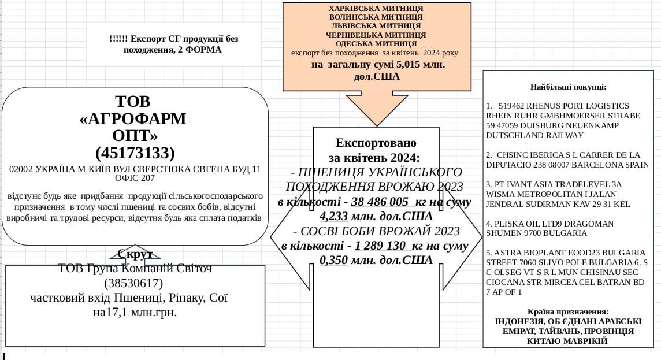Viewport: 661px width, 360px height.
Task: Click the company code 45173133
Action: (135, 153)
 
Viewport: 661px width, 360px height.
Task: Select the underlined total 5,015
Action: (408, 65)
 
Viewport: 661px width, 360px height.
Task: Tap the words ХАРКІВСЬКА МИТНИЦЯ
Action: (376, 9)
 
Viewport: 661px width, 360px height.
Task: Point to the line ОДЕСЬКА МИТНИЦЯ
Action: (376, 43)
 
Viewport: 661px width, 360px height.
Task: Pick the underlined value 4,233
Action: (333, 217)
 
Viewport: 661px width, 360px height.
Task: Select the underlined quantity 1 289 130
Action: (382, 246)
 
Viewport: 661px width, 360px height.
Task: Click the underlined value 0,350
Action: (333, 260)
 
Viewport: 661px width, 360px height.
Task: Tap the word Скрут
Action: (135, 254)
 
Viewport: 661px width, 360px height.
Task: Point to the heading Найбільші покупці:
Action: (568, 87)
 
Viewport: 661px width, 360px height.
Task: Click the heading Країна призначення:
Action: (568, 311)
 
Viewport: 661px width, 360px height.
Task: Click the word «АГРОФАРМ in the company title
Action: (133, 118)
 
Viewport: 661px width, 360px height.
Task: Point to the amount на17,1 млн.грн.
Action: (135, 313)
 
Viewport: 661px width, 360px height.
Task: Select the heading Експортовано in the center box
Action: (376, 143)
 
